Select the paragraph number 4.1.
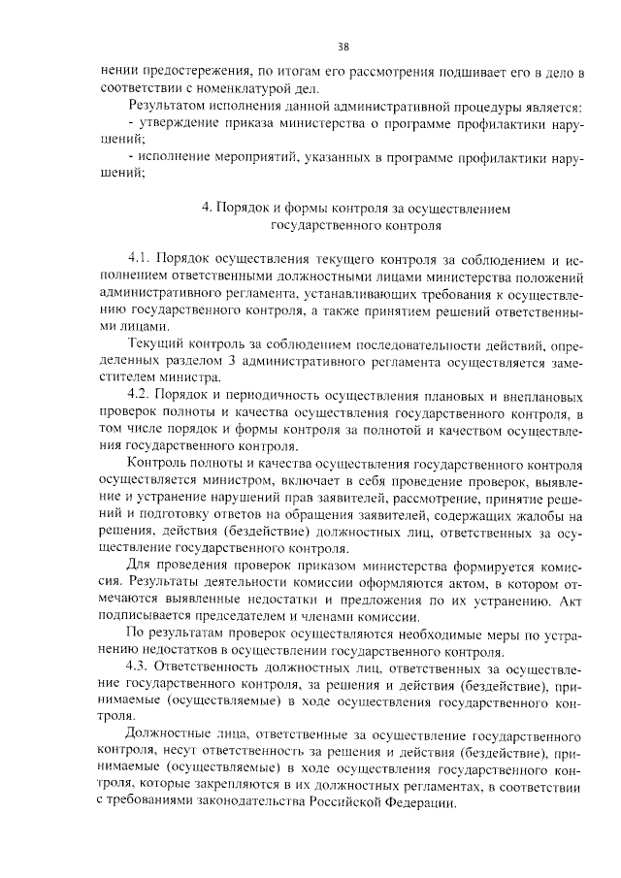tap(141, 259)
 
